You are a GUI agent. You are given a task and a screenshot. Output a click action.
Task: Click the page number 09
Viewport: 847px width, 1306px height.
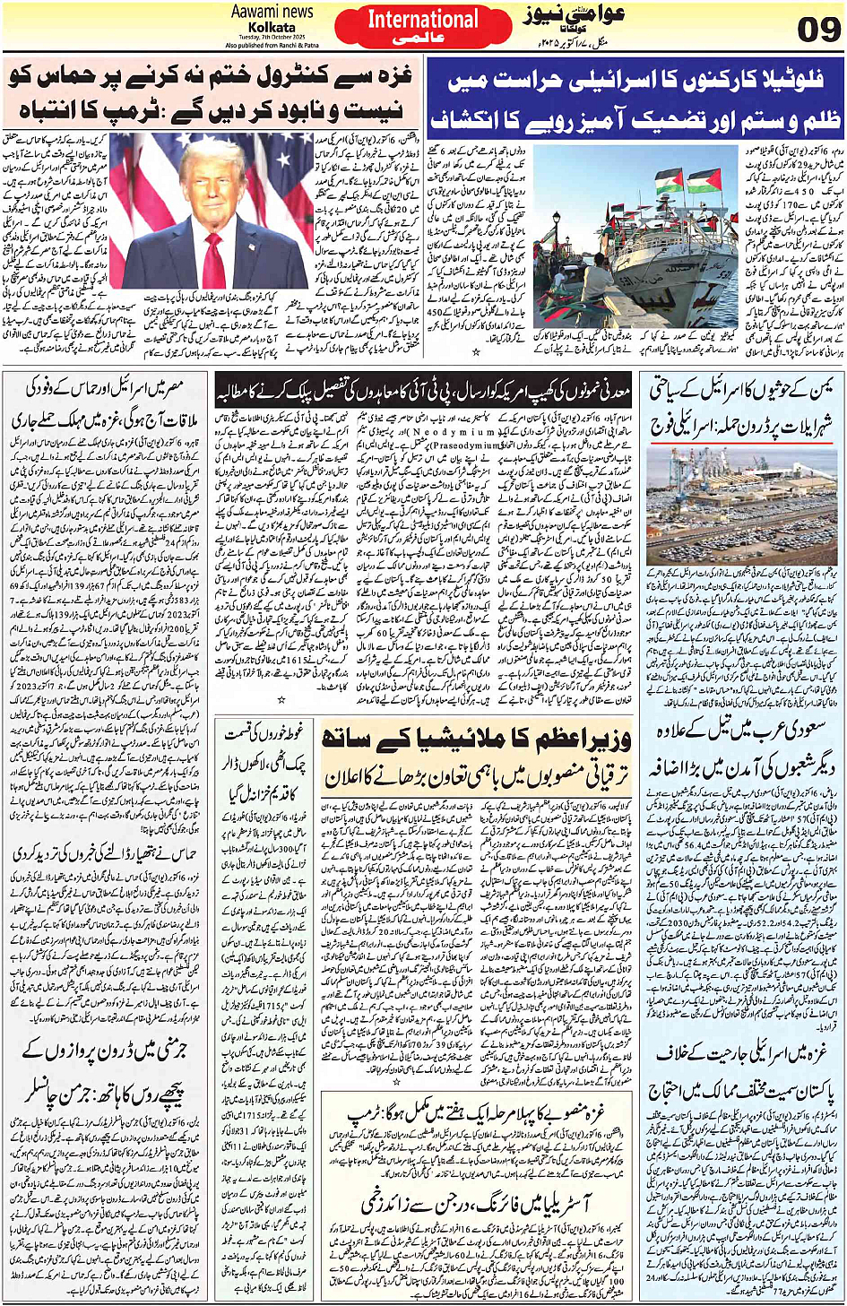coord(817,29)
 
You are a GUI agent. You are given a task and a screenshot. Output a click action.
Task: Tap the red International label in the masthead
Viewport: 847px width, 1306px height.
coord(423,20)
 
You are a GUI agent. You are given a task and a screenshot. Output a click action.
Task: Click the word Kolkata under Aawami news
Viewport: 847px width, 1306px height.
coord(272,28)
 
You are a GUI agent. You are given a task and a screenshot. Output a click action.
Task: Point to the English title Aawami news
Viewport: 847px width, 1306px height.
coord(272,12)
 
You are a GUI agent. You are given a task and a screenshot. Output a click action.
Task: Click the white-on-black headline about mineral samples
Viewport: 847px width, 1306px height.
coord(422,392)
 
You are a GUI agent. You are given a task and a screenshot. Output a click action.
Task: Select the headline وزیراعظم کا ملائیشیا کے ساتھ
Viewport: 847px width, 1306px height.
coord(476,739)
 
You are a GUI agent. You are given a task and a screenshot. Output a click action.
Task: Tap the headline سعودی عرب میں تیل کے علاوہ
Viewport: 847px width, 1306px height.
coord(741,730)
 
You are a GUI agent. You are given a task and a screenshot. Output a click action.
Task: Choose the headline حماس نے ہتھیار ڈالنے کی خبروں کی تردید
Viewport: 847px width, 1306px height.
coord(107,854)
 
